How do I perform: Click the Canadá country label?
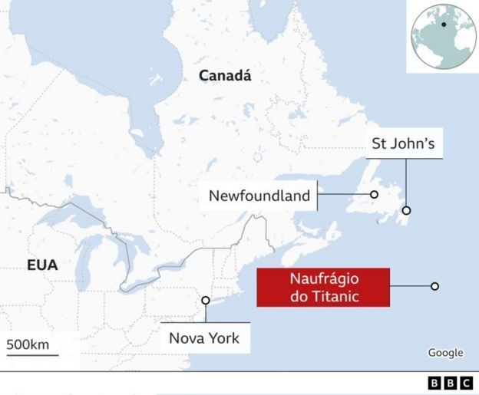coord(225,75)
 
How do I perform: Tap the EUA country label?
coord(42,265)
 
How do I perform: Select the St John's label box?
coord(402,143)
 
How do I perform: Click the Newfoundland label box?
coord(259,196)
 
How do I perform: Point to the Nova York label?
coord(204,337)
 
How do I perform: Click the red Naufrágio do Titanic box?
coord(323,287)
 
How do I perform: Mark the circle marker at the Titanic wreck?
coord(434,286)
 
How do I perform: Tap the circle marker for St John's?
coord(406,210)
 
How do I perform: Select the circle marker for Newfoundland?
coord(374,195)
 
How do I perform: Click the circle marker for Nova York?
coord(205,301)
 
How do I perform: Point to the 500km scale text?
coord(28,344)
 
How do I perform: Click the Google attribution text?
coord(445,353)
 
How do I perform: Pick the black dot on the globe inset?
coord(443,25)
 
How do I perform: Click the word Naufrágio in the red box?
coord(323,278)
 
